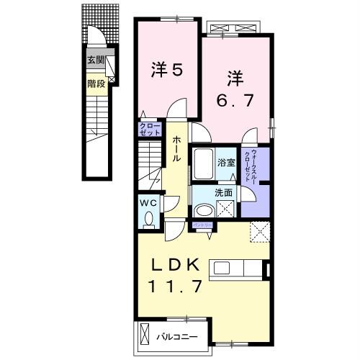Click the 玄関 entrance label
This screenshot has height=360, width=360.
click(x=95, y=61)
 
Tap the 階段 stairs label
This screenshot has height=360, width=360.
click(x=95, y=83)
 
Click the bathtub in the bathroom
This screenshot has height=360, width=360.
click(x=202, y=166)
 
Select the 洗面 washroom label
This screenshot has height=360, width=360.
click(x=224, y=193)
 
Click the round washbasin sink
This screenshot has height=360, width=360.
click(x=204, y=210)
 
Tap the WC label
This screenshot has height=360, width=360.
click(x=148, y=202)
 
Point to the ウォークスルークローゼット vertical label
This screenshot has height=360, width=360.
click(x=248, y=166)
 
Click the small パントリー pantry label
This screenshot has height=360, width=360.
click(x=200, y=225)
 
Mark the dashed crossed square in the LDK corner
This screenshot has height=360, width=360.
click(x=258, y=233)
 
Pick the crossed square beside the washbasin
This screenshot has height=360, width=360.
click(x=228, y=210)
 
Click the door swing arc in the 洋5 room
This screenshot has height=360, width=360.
click(x=174, y=112)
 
